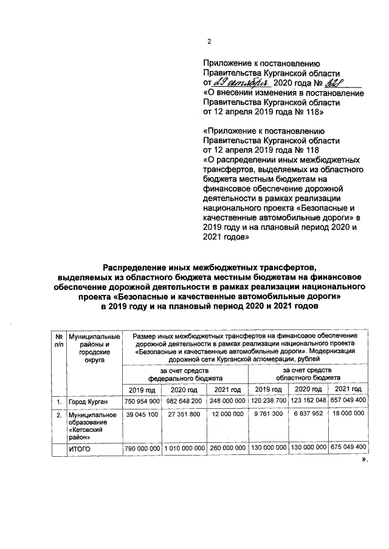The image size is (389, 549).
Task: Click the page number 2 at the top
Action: click(x=209, y=41)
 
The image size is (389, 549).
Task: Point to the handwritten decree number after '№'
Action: click(x=321, y=82)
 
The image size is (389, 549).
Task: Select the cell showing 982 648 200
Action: click(x=185, y=402)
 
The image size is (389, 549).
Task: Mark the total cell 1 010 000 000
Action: click(x=185, y=448)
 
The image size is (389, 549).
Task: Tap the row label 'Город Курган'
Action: click(x=89, y=402)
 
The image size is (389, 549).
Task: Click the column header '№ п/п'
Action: click(x=58, y=340)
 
